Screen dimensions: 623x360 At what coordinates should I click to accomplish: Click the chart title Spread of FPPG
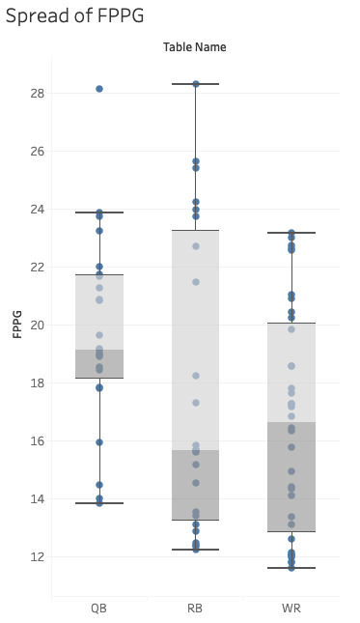(x=73, y=17)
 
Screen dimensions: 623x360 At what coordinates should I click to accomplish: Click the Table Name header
(x=194, y=46)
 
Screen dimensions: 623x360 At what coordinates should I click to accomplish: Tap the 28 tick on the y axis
(x=37, y=94)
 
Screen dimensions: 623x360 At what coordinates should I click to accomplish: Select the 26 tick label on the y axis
(x=37, y=152)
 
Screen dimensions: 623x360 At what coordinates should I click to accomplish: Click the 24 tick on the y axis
(x=37, y=210)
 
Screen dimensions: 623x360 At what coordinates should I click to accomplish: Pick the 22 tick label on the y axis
(x=37, y=268)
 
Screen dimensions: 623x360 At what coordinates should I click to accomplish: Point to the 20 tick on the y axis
(x=37, y=326)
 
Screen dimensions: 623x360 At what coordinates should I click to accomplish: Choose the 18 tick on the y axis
(x=37, y=383)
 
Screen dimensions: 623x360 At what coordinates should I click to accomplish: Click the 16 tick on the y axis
(x=37, y=441)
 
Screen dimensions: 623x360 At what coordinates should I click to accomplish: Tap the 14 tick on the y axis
(x=37, y=499)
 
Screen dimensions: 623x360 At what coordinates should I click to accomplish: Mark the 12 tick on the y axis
(x=37, y=557)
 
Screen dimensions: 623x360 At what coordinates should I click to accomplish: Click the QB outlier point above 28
(x=99, y=89)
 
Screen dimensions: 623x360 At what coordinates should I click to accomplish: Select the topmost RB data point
(x=195, y=84)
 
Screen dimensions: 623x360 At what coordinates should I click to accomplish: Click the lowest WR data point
(x=291, y=567)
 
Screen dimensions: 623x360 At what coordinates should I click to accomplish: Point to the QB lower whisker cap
(x=99, y=503)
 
